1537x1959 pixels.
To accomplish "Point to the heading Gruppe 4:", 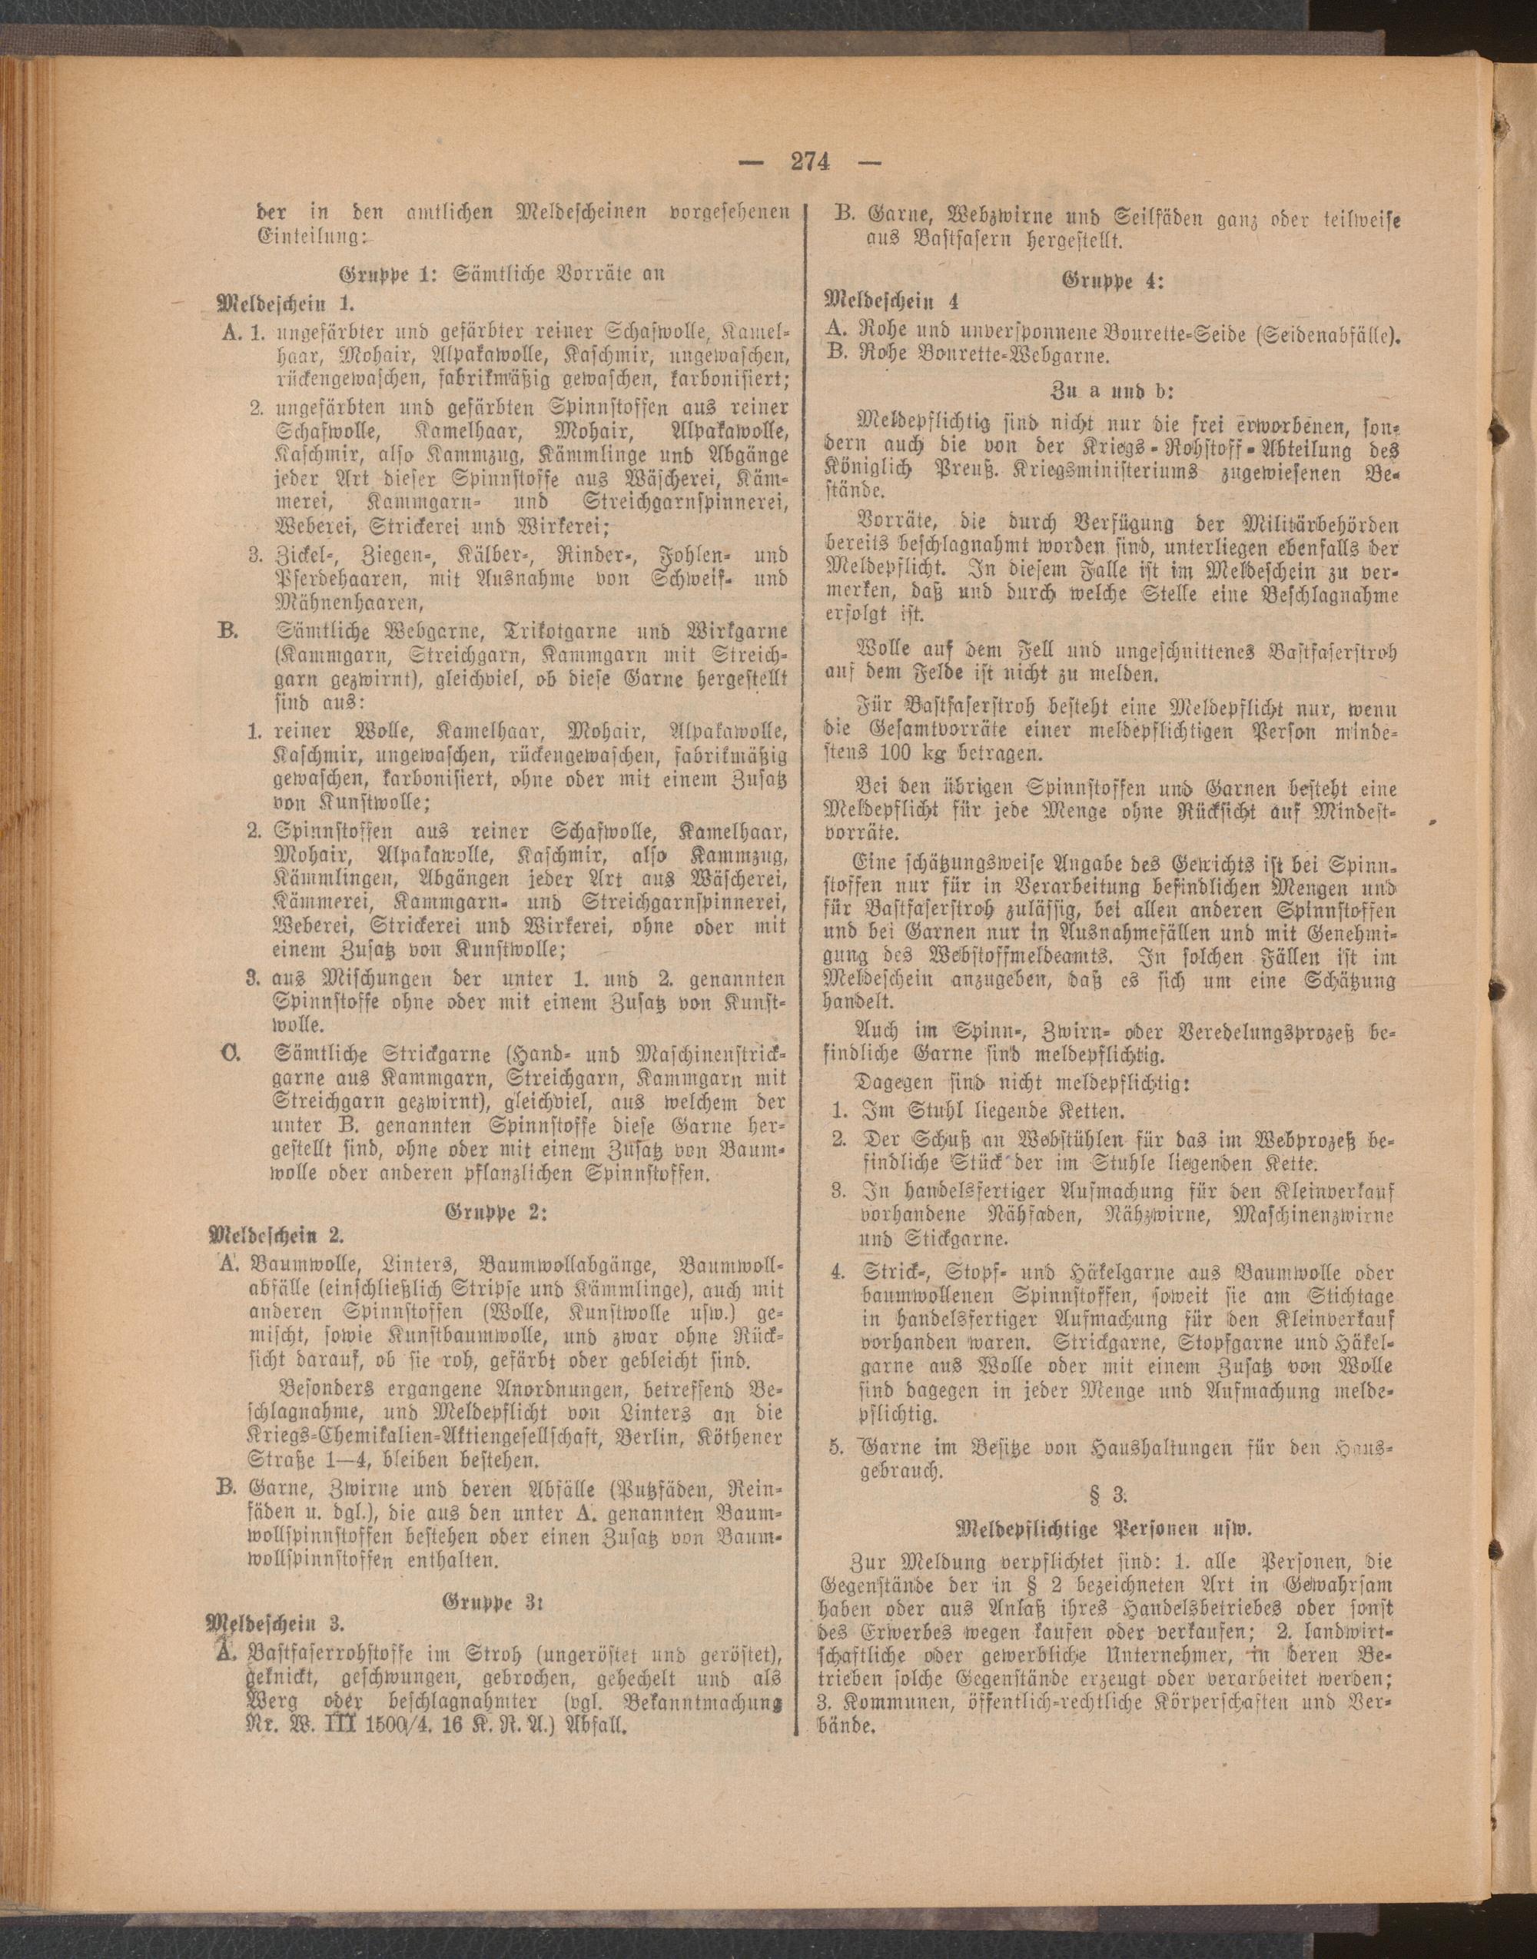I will [x=1114, y=281].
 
